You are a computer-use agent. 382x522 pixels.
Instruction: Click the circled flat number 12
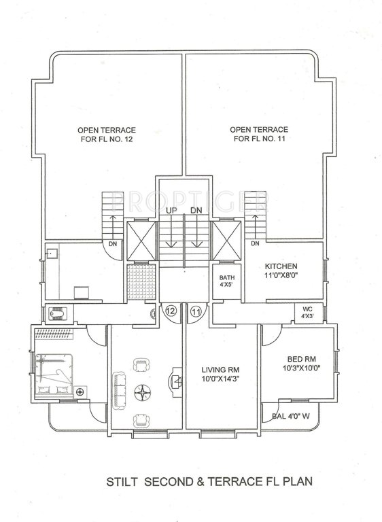click(171, 311)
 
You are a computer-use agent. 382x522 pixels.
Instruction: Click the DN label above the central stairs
click(196, 211)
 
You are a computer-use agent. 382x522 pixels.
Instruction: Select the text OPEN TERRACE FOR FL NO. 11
click(259, 134)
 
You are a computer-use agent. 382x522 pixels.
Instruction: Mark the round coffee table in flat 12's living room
click(144, 391)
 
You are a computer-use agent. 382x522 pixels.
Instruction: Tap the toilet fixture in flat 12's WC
click(57, 313)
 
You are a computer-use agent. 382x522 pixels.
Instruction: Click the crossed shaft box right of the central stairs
click(226, 241)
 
